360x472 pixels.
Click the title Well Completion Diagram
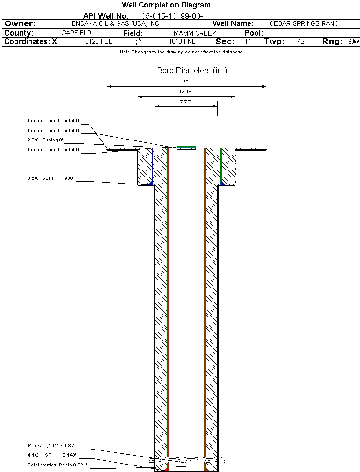[166, 5]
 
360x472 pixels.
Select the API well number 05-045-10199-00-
[172, 16]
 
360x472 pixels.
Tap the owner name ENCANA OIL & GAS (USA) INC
[115, 23]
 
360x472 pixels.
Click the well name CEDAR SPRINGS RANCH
[306, 23]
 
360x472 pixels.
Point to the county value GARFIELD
[76, 33]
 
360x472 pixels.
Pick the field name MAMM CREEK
[195, 33]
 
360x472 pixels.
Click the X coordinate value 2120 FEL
[98, 41]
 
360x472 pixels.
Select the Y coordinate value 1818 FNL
[182, 41]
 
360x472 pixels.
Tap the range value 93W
[353, 41]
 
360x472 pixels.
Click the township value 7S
[301, 41]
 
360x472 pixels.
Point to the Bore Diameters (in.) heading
[192, 70]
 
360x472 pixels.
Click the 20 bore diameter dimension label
[185, 81]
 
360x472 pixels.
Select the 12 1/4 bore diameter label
[186, 91]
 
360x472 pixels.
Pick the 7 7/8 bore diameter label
[185, 102]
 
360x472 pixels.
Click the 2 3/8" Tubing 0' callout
[45, 140]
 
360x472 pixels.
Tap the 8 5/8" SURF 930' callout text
[51, 178]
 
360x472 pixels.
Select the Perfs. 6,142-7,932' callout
[52, 445]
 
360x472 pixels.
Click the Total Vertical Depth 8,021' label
[58, 465]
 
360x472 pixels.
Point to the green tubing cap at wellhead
[187, 147]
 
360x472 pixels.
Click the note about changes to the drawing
[181, 52]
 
